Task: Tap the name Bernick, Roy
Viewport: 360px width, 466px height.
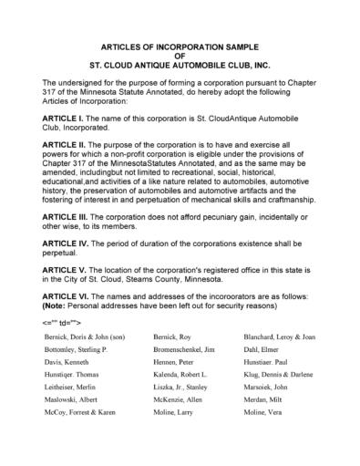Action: pyautogui.click(x=171, y=361)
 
